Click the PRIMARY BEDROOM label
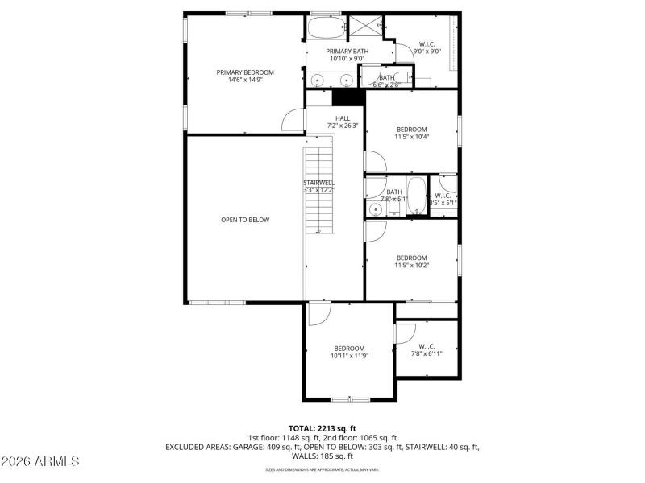click(244, 76)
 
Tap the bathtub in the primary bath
click(323, 28)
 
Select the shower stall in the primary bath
click(364, 27)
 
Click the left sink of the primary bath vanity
click(318, 80)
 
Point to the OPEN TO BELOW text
click(245, 220)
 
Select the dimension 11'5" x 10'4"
click(411, 137)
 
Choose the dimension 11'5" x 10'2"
click(411, 265)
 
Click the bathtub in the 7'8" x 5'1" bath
click(417, 196)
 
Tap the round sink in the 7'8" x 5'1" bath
click(375, 209)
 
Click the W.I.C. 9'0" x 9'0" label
click(427, 47)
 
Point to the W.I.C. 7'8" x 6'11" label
click(427, 350)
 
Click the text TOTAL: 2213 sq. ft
click(322, 428)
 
